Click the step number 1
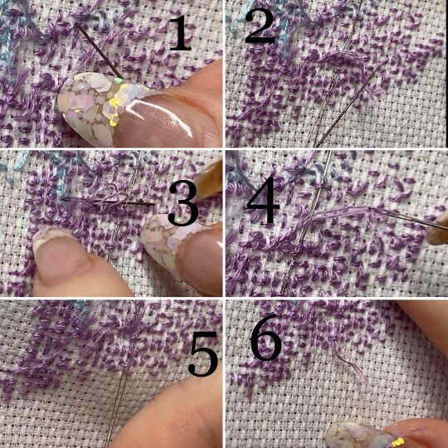(x=180, y=33)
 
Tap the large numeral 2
(x=260, y=27)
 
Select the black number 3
(x=183, y=203)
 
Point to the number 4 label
(x=263, y=200)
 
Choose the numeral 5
(x=203, y=353)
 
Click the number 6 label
(x=266, y=337)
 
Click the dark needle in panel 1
(x=99, y=51)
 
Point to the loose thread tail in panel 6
(x=347, y=358)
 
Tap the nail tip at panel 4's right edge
(x=438, y=231)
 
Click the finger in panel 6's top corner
(x=426, y=327)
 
